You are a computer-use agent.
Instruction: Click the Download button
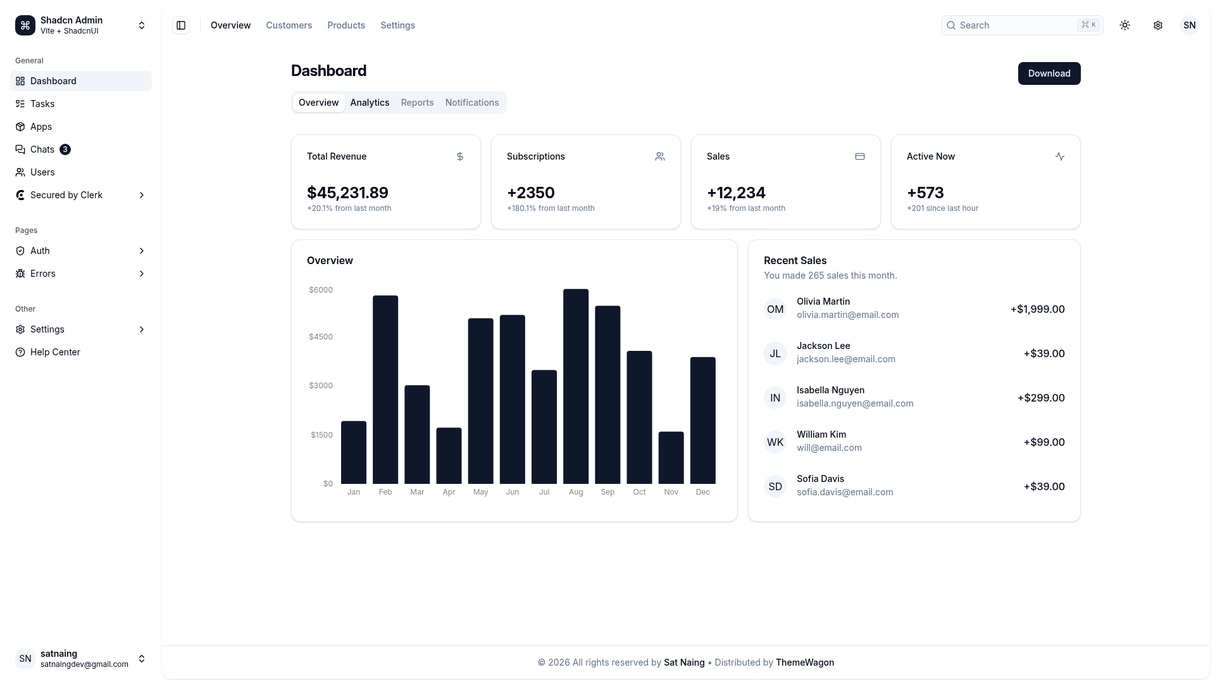click(x=1049, y=73)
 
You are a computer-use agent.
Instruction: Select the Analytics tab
click(x=370, y=103)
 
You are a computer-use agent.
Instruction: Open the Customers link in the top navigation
click(x=289, y=25)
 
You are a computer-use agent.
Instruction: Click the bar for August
click(x=576, y=386)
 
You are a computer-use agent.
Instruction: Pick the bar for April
click(x=449, y=456)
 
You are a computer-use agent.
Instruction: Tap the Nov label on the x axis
click(x=671, y=492)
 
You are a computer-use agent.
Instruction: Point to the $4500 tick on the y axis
click(x=321, y=337)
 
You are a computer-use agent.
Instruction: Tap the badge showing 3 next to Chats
click(x=65, y=149)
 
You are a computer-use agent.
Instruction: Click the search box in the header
click(x=1022, y=25)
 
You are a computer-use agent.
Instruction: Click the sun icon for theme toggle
click(x=1125, y=25)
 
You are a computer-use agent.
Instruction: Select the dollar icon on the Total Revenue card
click(x=460, y=156)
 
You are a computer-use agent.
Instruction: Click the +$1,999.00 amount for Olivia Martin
click(x=1037, y=309)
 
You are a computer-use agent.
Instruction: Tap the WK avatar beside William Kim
click(x=775, y=442)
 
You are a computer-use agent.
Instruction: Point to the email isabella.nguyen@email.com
click(x=855, y=403)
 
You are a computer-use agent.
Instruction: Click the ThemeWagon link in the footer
click(x=805, y=662)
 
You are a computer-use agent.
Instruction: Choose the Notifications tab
click(x=472, y=103)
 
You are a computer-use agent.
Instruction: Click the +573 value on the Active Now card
click(x=925, y=193)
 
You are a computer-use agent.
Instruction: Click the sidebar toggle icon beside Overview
click(x=181, y=25)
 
